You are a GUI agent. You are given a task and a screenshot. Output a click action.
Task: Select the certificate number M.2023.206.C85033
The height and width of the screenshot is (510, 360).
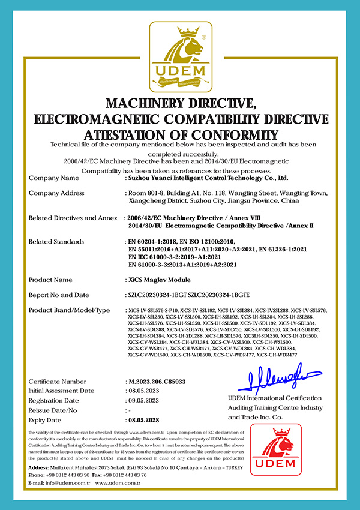pyautogui.click(x=157, y=382)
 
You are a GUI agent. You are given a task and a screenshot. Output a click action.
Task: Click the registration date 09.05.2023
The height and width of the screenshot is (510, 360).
pyautogui.click(x=145, y=401)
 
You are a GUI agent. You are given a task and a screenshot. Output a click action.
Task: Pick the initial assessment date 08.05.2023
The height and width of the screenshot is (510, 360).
pyautogui.click(x=145, y=391)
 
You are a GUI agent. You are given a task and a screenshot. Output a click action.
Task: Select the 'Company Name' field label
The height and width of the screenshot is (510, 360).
pyautogui.click(x=53, y=178)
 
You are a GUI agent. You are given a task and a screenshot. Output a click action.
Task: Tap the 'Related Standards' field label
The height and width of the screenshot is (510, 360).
pyautogui.click(x=56, y=242)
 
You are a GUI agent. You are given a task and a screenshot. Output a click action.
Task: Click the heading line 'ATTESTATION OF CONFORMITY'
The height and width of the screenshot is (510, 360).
pyautogui.click(x=180, y=133)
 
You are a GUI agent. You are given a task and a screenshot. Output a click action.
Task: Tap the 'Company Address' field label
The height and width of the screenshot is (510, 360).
pyautogui.click(x=56, y=193)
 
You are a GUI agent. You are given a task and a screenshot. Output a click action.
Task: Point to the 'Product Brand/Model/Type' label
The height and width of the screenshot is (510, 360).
pyautogui.click(x=70, y=310)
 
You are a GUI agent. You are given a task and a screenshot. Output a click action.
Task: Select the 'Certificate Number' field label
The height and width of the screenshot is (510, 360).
pyautogui.click(x=58, y=382)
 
